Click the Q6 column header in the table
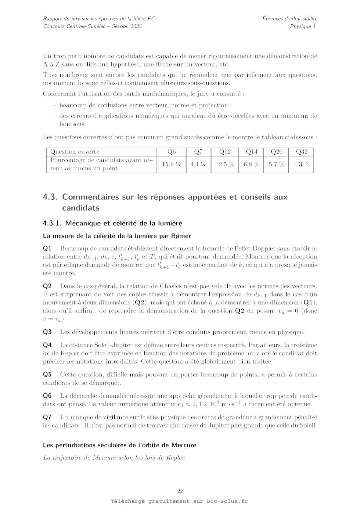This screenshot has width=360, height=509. pyautogui.click(x=172, y=152)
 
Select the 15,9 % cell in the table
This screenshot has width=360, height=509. pyautogui.click(x=172, y=164)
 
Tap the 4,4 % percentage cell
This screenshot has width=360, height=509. pyautogui.click(x=198, y=164)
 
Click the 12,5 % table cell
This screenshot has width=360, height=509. pyautogui.click(x=225, y=164)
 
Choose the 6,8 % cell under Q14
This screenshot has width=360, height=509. pyautogui.click(x=252, y=164)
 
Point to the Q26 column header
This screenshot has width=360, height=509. pyautogui.click(x=277, y=152)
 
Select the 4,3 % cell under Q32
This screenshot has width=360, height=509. pyautogui.click(x=302, y=164)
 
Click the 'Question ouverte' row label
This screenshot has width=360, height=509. pyautogui.click(x=75, y=152)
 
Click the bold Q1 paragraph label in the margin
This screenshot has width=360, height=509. pyautogui.click(x=47, y=249)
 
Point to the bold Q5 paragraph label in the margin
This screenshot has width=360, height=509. pyautogui.click(x=47, y=375)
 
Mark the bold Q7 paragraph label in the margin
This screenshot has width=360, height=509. pyautogui.click(x=47, y=417)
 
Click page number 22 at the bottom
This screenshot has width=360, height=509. pyautogui.click(x=180, y=491)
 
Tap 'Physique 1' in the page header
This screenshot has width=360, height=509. pyautogui.click(x=303, y=26)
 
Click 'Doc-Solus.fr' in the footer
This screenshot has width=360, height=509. pyautogui.click(x=227, y=501)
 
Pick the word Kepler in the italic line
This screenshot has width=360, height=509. pyautogui.click(x=176, y=458)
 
